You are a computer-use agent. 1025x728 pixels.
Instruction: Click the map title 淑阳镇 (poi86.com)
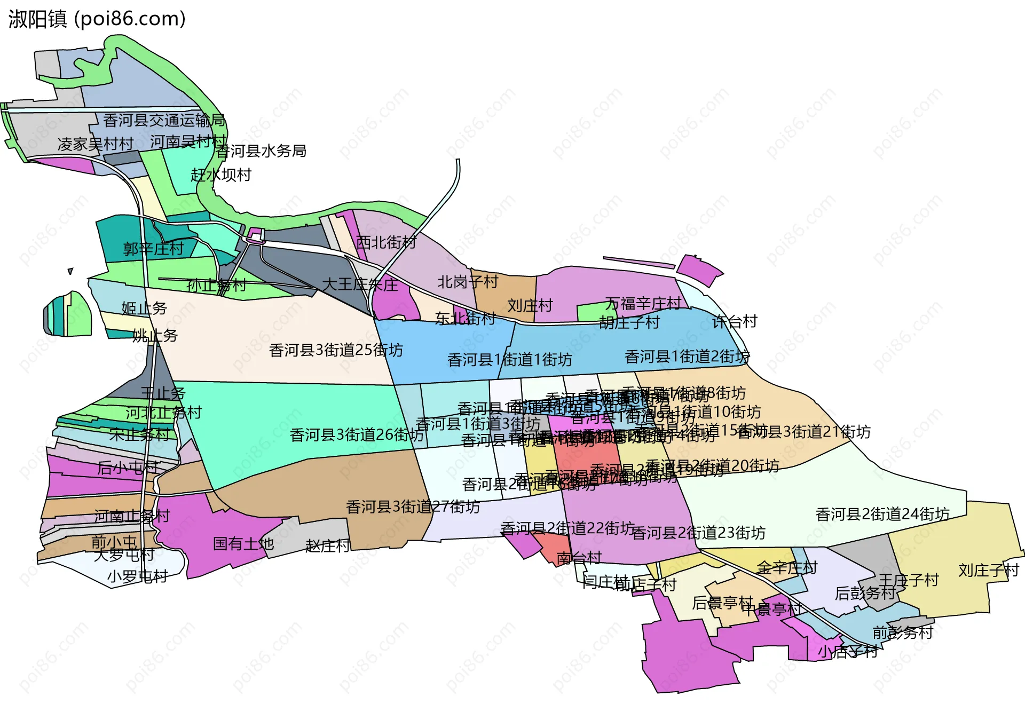(x=97, y=19)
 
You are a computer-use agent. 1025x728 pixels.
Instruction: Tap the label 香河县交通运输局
(x=164, y=120)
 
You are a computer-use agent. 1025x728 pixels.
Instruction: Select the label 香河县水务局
(x=261, y=151)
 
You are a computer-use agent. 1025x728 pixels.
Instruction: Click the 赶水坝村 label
(x=221, y=175)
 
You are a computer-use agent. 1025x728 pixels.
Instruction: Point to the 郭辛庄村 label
(x=153, y=249)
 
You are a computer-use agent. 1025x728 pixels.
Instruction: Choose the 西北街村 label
(x=386, y=242)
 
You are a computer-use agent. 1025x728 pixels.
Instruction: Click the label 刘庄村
(x=530, y=306)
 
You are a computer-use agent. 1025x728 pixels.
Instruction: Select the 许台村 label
(x=735, y=321)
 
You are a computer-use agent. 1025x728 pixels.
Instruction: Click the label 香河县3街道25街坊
(x=336, y=350)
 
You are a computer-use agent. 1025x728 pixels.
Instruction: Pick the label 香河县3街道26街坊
(x=357, y=435)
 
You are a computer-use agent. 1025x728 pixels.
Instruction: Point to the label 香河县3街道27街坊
(x=413, y=507)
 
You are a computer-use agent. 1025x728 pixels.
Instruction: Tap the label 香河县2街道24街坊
(x=882, y=514)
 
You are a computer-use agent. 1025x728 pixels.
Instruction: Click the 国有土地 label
(x=243, y=544)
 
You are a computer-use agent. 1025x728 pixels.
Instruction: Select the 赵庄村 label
(x=327, y=545)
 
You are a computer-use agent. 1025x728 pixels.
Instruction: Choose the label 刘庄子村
(x=989, y=571)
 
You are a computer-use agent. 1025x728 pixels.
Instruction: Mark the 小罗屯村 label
(x=137, y=576)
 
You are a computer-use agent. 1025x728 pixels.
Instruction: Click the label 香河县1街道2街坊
(x=687, y=357)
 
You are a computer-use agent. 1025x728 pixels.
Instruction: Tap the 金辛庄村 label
(x=787, y=567)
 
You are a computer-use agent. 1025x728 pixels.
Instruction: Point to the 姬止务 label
(x=144, y=308)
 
